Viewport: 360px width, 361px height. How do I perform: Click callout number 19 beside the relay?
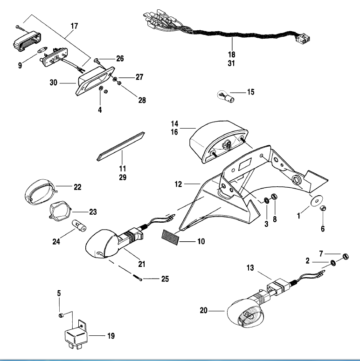point(110,335)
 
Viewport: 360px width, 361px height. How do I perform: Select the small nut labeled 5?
point(60,316)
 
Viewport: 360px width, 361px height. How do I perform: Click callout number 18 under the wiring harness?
point(232,54)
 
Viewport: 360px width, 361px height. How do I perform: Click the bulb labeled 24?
point(76,226)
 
